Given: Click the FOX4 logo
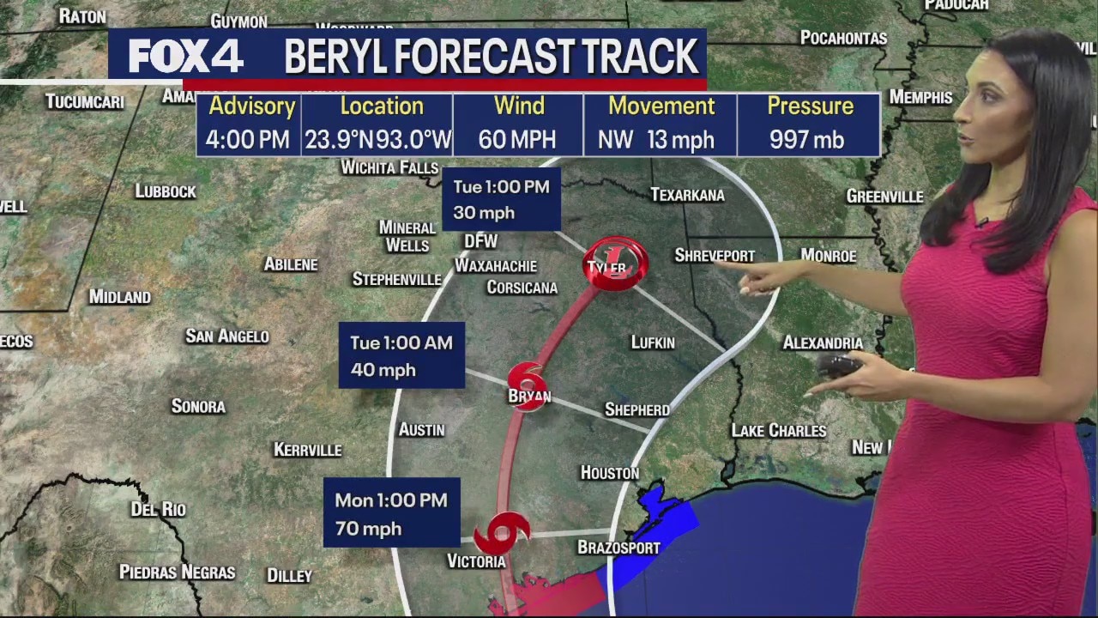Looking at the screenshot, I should tap(186, 57).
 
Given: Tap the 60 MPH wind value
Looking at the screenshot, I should tap(517, 140).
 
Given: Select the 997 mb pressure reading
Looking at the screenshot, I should tap(806, 140).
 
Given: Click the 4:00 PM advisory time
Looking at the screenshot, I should tap(248, 140).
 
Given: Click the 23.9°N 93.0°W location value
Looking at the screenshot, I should tap(377, 140).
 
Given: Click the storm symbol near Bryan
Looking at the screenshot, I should tap(527, 383).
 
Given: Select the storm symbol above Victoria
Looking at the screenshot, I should tap(501, 533).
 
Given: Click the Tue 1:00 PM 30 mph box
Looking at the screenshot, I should tap(501, 199).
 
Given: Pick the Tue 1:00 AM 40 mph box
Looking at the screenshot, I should tap(401, 355).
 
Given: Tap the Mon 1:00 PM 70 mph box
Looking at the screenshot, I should tap(391, 513).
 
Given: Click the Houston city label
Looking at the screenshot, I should tap(610, 473).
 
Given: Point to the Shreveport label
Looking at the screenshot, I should tap(714, 256).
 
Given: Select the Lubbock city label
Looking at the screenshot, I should tap(166, 191).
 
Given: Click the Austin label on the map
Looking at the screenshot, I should tap(422, 429).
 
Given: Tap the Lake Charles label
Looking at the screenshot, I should tap(778, 430).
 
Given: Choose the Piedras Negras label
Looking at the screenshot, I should tap(177, 572).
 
